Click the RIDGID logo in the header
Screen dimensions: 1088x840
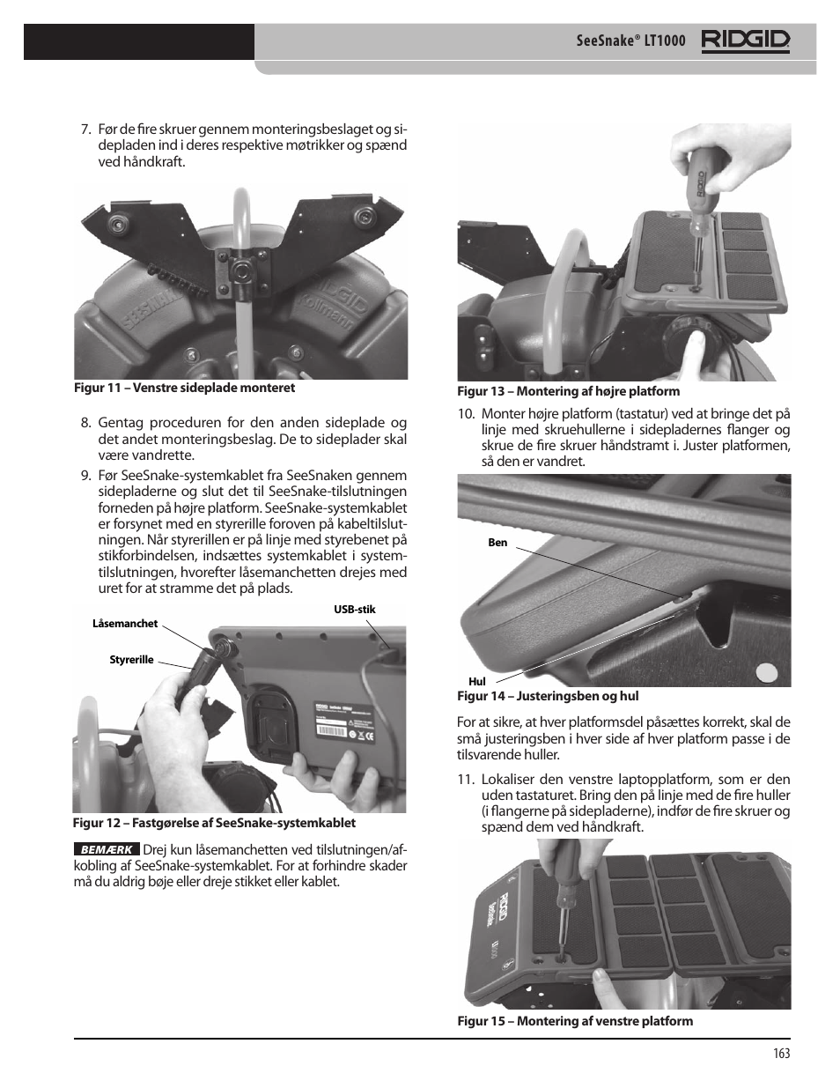pyautogui.click(x=745, y=41)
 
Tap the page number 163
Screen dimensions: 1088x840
pyautogui.click(x=782, y=1053)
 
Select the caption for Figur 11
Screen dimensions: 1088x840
pyautogui.click(x=184, y=388)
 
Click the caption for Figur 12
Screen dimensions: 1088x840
pyautogui.click(x=214, y=823)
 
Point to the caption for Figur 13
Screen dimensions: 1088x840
pyautogui.click(x=568, y=391)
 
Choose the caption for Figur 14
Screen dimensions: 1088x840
pyautogui.click(x=548, y=696)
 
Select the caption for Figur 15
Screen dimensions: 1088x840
pyautogui.click(x=574, y=1021)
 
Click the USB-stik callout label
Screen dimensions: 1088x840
pyautogui.click(x=354, y=609)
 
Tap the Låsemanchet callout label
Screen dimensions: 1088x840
pyautogui.click(x=125, y=624)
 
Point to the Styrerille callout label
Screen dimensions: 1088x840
pyautogui.click(x=131, y=660)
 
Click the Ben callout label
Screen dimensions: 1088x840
pyautogui.click(x=497, y=543)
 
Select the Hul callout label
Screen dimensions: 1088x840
pyautogui.click(x=476, y=681)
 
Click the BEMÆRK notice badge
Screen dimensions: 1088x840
pyautogui.click(x=106, y=850)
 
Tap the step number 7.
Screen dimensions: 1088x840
pyautogui.click(x=85, y=130)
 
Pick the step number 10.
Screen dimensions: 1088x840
pyautogui.click(x=466, y=414)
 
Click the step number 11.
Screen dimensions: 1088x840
pyautogui.click(x=466, y=780)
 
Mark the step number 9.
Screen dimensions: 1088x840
pyautogui.click(x=85, y=477)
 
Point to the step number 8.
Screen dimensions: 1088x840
pyautogui.click(x=85, y=424)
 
